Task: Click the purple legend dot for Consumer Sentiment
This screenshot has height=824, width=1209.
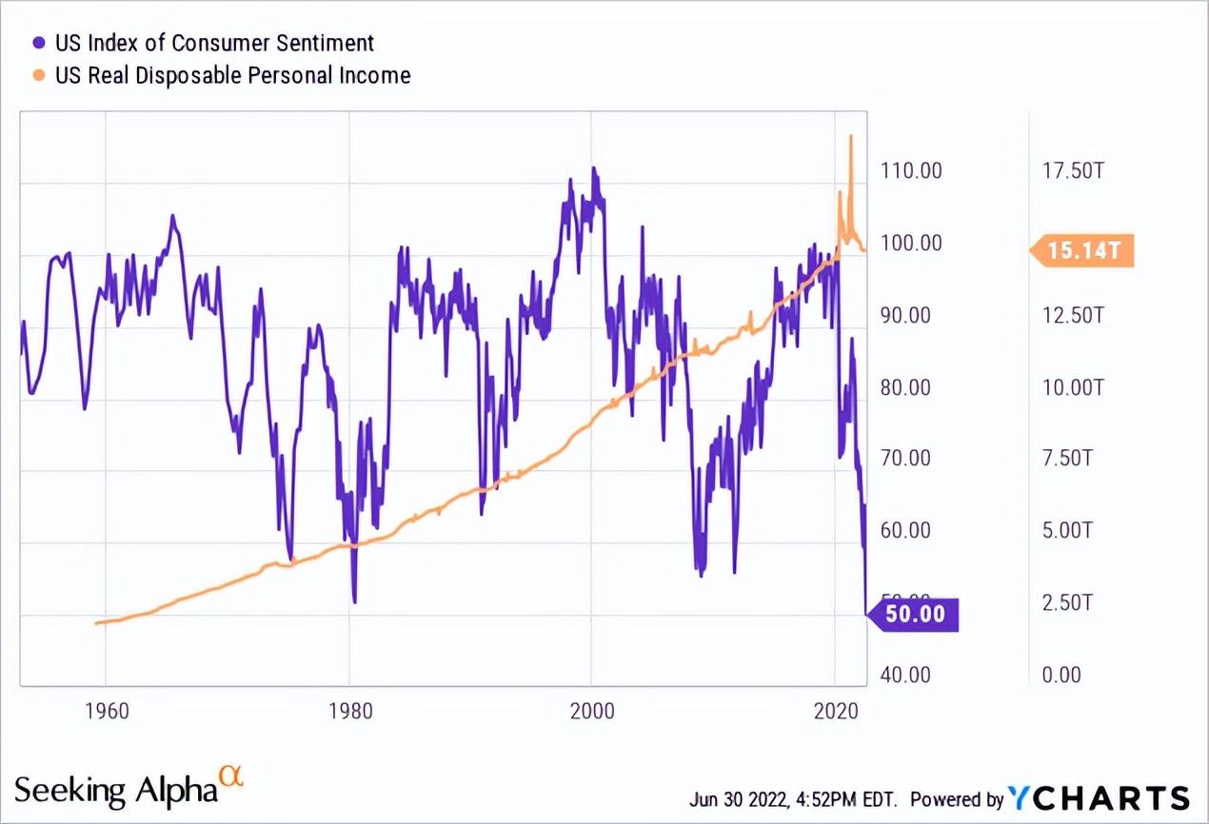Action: pyautogui.click(x=39, y=43)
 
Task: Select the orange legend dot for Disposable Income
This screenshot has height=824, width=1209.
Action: pyautogui.click(x=39, y=75)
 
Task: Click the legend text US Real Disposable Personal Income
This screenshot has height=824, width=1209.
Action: pyautogui.click(x=232, y=75)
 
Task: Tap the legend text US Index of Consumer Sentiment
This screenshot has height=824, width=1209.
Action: pyautogui.click(x=214, y=43)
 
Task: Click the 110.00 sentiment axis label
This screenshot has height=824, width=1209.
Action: pyautogui.click(x=910, y=171)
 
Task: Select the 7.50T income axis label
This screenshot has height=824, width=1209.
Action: pyautogui.click(x=1074, y=459)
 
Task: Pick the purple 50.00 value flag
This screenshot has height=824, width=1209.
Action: pyautogui.click(x=915, y=614)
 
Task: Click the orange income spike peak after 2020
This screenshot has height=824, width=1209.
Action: pyautogui.click(x=850, y=137)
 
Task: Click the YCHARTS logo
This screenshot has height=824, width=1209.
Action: pyautogui.click(x=1100, y=797)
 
